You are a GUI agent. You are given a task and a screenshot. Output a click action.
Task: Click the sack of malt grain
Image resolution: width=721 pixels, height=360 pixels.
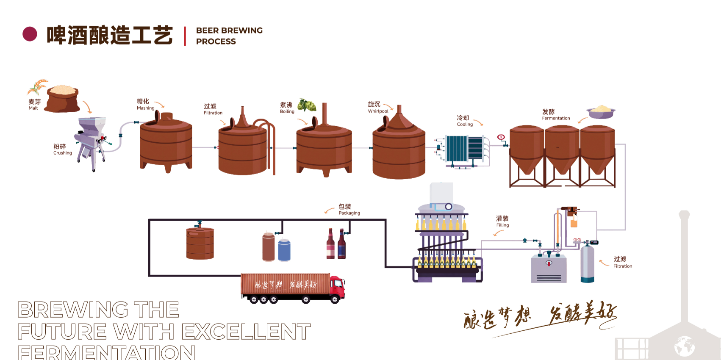(62, 99)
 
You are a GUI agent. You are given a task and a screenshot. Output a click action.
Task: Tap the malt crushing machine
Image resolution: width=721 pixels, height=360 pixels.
(91, 142)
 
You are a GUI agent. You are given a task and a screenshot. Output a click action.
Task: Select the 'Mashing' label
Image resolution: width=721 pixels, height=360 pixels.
(145, 108)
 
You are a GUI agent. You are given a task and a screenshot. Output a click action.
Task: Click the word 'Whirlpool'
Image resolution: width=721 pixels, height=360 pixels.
(378, 111)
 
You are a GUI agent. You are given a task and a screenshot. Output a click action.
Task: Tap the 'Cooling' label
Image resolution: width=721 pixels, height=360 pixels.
(465, 125)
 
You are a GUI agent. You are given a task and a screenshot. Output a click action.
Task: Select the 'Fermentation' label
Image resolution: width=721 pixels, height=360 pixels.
(556, 118)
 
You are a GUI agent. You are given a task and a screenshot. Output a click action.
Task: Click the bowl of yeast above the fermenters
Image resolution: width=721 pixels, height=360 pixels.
(601, 112)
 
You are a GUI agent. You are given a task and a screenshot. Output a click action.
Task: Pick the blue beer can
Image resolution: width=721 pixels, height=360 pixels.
(284, 250)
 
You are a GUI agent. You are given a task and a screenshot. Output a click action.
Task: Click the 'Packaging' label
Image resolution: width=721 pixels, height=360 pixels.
(349, 213)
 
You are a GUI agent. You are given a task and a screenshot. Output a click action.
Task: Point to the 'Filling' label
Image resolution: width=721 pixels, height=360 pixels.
(502, 225)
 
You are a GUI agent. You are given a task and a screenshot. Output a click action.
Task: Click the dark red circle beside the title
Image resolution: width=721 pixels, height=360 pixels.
(30, 34)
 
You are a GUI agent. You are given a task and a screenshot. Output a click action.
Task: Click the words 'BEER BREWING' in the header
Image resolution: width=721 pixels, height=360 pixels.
(229, 30)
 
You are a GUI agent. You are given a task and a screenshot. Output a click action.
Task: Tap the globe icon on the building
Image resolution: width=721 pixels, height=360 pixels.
(684, 347)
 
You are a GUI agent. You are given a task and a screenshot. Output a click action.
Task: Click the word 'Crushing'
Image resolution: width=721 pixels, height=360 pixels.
(63, 153)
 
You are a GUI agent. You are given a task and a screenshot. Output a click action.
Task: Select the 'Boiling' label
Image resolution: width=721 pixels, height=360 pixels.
(287, 112)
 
